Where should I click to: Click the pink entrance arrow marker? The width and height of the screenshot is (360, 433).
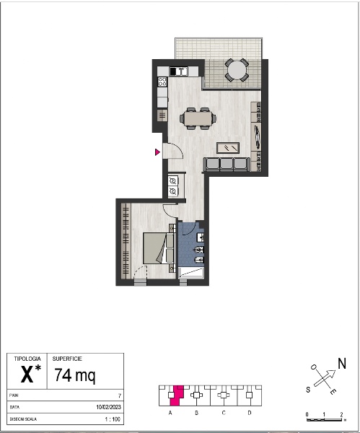click(157, 152)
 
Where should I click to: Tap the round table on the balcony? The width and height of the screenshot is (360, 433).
click(237, 70)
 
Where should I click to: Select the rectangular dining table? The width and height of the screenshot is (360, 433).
click(198, 118)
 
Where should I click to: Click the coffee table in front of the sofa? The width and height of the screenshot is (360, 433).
click(228, 148)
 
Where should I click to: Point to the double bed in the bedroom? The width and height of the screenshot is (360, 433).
click(159, 248)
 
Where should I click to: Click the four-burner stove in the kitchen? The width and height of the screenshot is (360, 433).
click(162, 82)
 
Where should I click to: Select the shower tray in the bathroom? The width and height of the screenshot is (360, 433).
click(191, 273)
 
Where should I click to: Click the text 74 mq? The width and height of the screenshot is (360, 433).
click(75, 375)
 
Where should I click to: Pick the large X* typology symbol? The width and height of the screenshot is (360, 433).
click(30, 374)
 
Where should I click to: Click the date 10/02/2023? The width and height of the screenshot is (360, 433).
click(108, 407)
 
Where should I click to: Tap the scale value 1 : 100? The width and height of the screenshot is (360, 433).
click(113, 419)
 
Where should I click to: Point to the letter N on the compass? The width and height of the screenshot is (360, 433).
click(342, 364)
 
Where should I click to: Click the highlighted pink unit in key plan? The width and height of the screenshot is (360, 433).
click(176, 395)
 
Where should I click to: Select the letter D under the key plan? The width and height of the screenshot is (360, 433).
click(250, 413)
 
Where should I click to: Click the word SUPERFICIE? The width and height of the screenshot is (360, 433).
click(67, 359)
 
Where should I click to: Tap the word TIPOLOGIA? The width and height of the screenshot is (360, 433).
click(27, 359)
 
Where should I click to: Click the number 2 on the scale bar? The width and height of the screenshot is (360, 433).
click(341, 414)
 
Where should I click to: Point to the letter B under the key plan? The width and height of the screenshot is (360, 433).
click(196, 413)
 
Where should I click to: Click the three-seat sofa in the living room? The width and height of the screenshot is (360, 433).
click(227, 164)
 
